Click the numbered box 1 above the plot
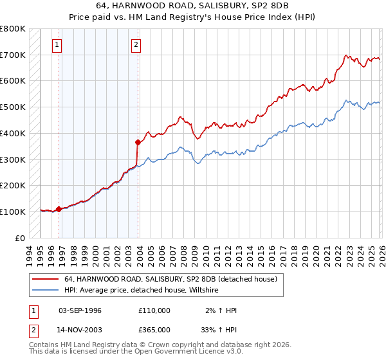[x=58, y=45]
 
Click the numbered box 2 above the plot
[x=137, y=45]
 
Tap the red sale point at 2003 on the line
[x=138, y=142]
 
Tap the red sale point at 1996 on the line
[x=59, y=209]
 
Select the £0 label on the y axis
[x=21, y=238]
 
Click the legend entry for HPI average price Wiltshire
[x=141, y=291]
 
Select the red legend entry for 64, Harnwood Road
[x=170, y=279]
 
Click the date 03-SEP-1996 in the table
[x=80, y=310]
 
